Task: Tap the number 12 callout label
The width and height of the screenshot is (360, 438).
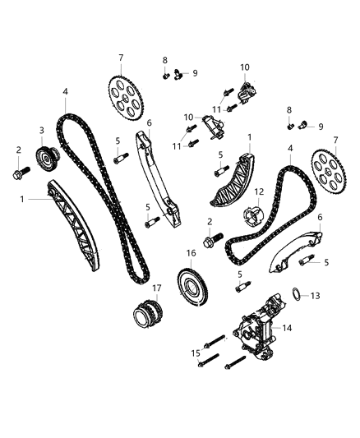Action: tap(257, 193)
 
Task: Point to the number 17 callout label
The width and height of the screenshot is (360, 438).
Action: tap(156, 288)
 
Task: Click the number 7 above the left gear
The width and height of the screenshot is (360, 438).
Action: tap(121, 57)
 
